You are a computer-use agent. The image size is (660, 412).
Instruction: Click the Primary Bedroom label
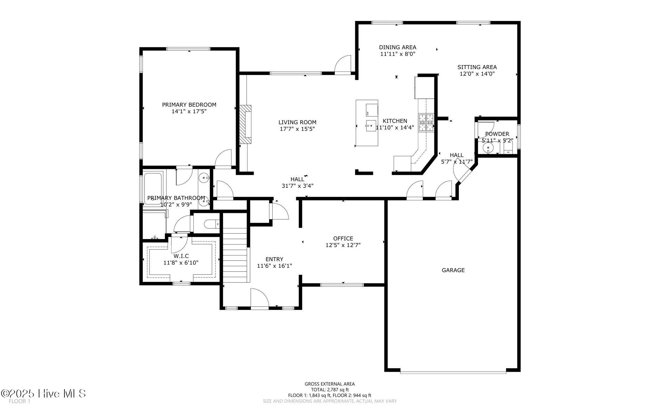[189, 105]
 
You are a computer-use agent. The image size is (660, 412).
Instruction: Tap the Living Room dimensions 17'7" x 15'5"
[297, 129]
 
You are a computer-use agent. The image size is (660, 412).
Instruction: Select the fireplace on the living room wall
[245, 124]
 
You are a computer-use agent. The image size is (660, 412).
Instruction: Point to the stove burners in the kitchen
[426, 123]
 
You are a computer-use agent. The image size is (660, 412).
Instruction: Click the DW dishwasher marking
[367, 113]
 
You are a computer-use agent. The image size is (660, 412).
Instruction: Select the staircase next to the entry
[235, 254]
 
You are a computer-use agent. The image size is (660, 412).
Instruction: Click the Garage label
[453, 270]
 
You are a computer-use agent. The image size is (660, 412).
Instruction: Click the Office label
[343, 238]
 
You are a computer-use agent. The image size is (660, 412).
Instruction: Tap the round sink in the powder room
[488, 148]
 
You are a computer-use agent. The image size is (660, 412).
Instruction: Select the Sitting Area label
[477, 67]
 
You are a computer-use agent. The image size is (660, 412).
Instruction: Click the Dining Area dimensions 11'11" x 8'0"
[397, 54]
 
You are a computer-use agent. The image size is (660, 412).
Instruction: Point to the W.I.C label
[181, 256]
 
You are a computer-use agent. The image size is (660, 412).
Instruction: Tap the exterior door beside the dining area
[343, 66]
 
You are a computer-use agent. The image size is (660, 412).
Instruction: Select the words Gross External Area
[329, 384]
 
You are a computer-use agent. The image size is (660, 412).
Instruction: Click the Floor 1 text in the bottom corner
[19, 401]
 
